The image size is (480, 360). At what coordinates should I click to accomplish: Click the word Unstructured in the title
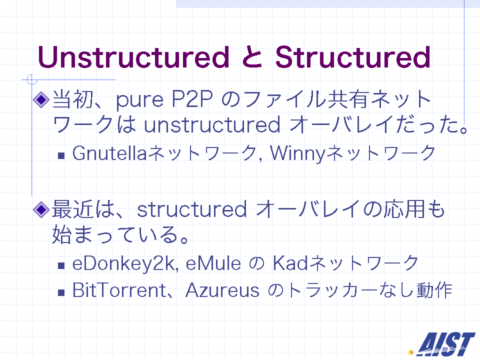(133, 57)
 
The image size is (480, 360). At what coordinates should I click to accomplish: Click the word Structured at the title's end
(353, 57)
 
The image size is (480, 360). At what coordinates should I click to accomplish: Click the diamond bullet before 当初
(41, 99)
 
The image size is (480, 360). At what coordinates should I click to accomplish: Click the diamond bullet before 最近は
(41, 209)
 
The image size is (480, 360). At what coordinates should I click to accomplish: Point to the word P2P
(192, 98)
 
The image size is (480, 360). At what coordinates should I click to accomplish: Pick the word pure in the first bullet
(139, 101)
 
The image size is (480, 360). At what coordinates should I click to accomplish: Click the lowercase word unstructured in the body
(212, 124)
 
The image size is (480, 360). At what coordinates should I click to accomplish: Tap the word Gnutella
(109, 153)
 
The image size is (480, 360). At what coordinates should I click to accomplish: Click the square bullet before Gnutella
(61, 155)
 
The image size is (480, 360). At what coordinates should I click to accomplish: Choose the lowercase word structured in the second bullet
(191, 209)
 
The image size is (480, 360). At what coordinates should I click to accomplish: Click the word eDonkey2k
(125, 264)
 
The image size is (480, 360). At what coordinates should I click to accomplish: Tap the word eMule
(213, 263)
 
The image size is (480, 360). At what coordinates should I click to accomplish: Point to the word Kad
(290, 263)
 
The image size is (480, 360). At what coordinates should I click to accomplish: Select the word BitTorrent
(119, 290)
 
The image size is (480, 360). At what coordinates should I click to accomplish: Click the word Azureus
(222, 290)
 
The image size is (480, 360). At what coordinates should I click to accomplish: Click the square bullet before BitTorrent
(61, 292)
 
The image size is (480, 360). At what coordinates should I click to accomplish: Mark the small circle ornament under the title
(31, 79)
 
